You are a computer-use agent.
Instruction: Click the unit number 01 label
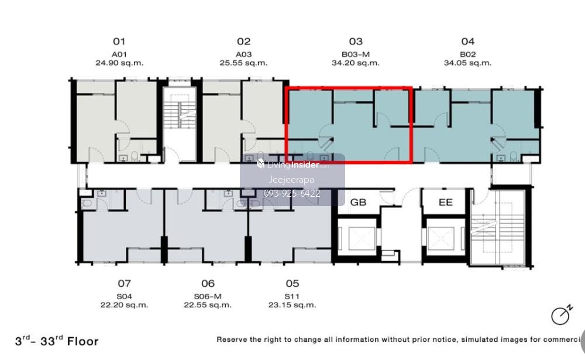(x=119, y=42)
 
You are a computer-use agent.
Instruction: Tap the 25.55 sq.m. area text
(x=243, y=63)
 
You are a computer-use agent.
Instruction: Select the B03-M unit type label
(x=356, y=54)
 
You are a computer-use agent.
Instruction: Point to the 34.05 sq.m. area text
(x=467, y=63)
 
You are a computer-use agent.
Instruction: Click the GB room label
(x=358, y=203)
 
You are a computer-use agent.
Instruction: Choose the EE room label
(x=445, y=203)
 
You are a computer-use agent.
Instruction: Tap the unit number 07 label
(x=124, y=283)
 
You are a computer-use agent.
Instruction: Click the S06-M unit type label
(x=208, y=297)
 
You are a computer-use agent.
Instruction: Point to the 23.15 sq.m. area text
(x=292, y=305)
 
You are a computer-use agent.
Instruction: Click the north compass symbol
(x=561, y=315)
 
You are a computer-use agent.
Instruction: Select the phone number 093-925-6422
(x=292, y=193)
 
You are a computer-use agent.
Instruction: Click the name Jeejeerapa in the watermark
(x=291, y=180)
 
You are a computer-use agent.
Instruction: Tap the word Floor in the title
(x=83, y=341)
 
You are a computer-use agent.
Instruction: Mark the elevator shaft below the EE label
(x=445, y=238)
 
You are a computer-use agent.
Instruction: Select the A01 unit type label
(x=119, y=54)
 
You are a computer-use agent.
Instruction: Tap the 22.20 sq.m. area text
(x=124, y=305)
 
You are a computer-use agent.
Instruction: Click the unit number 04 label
(x=467, y=42)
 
